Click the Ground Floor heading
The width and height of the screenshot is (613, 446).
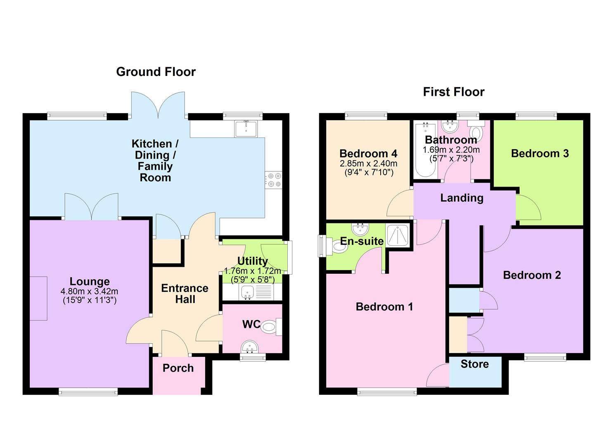[x=156, y=72]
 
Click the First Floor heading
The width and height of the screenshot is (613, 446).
[x=454, y=92]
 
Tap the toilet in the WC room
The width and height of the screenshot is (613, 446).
[x=271, y=327]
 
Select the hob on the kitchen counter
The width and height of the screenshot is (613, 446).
[x=273, y=180]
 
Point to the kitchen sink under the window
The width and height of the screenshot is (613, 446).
[x=246, y=129]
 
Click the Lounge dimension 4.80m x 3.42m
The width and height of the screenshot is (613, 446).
[x=90, y=291]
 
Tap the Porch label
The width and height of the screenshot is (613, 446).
[x=178, y=368]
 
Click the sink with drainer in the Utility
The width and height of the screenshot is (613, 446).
[x=256, y=292]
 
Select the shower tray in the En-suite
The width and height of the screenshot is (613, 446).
[x=398, y=235]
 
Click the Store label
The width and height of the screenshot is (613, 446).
[x=475, y=364]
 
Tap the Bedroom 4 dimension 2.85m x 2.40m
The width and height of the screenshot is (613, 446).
[x=368, y=164]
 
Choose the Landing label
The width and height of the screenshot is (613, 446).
[x=462, y=198]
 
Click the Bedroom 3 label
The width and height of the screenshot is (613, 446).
[x=540, y=153]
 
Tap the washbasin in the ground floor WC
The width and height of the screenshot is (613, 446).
[x=249, y=347]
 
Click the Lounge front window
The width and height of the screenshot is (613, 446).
[x=88, y=392]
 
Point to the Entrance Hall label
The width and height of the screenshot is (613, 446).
[x=185, y=294]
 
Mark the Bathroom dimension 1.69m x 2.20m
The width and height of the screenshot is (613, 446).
[x=451, y=150]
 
